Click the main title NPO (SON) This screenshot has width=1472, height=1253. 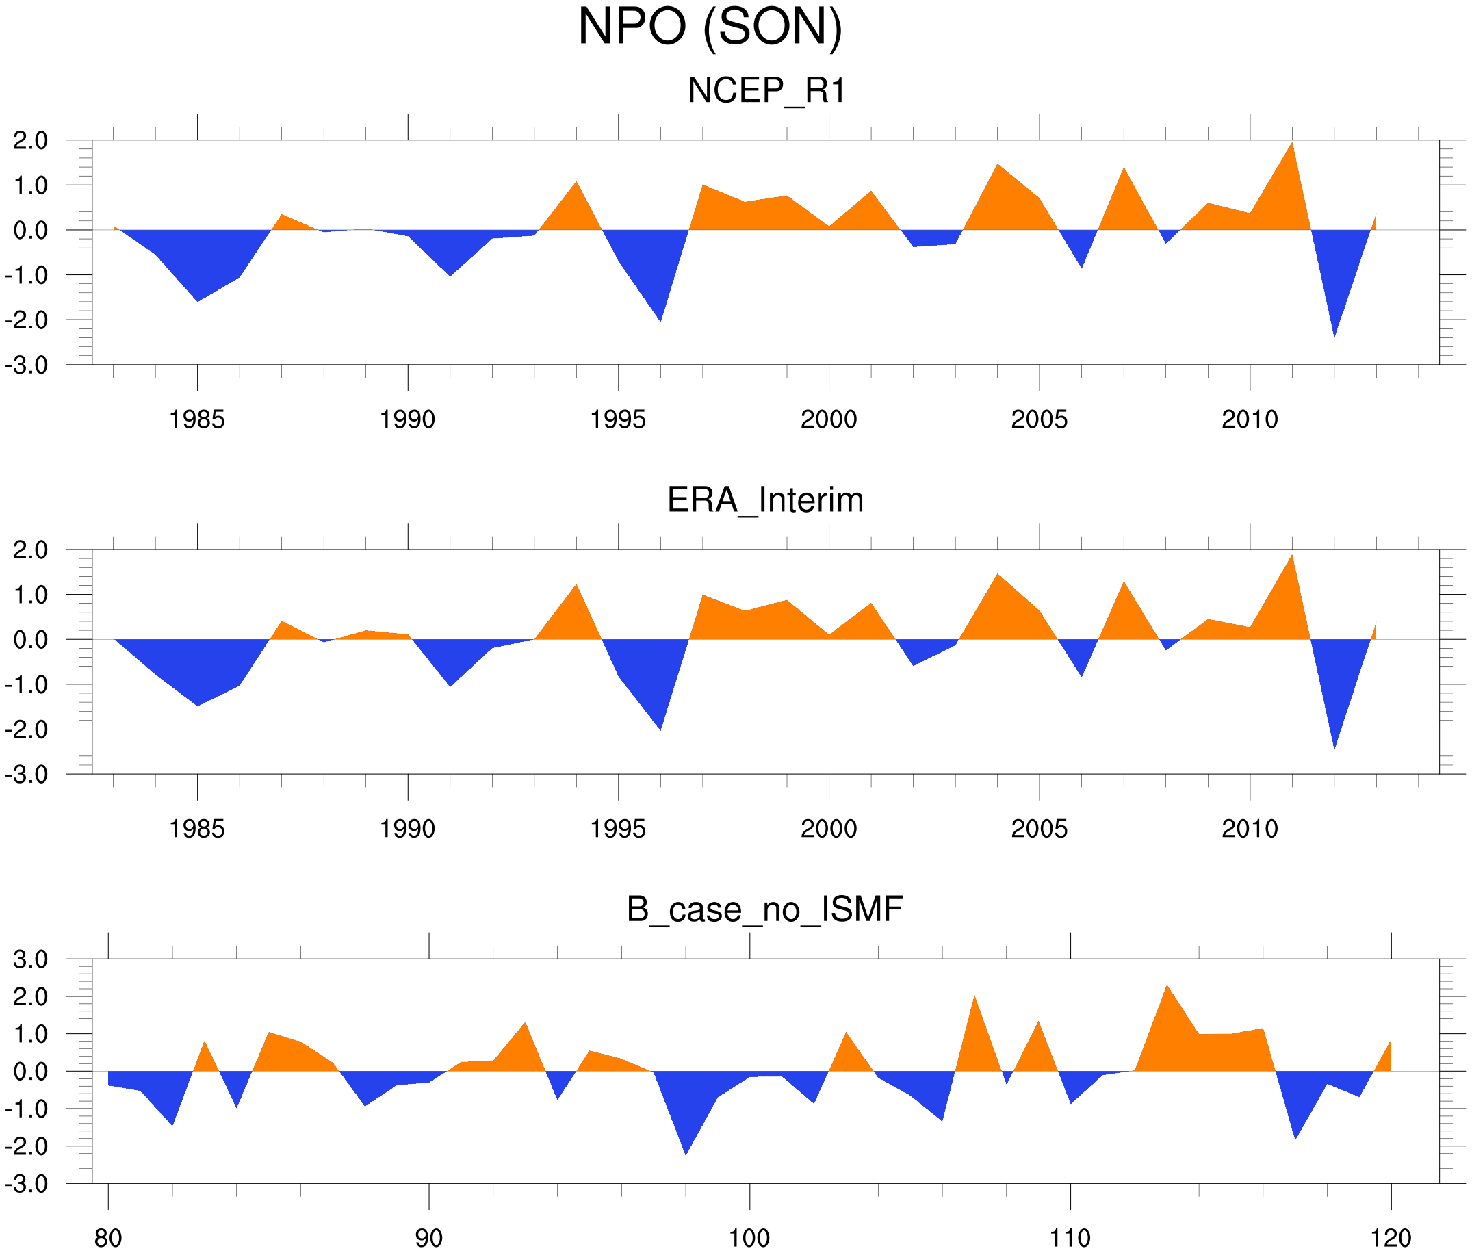point(710,27)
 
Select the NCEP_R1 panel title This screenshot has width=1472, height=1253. point(766,91)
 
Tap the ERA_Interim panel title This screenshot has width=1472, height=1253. point(765,500)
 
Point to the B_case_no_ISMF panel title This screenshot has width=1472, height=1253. point(764,909)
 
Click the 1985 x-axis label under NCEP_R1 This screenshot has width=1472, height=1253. point(197,419)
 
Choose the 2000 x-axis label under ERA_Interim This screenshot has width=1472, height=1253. point(828,829)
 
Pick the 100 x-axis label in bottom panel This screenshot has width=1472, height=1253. point(749,1238)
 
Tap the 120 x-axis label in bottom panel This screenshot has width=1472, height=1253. point(1391,1238)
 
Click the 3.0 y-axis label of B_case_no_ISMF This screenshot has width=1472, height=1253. point(31,959)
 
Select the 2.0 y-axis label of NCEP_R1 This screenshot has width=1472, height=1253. point(31,141)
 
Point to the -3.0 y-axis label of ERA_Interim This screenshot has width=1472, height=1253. point(27,774)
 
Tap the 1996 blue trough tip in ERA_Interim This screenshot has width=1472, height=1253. point(660,728)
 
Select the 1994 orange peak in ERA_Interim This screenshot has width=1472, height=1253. point(576,586)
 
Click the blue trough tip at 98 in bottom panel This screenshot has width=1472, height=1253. point(686,1153)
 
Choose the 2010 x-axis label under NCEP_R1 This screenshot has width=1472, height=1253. point(1250,419)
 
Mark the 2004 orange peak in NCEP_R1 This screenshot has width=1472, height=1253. point(998,166)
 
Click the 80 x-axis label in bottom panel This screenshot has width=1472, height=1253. point(108,1238)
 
